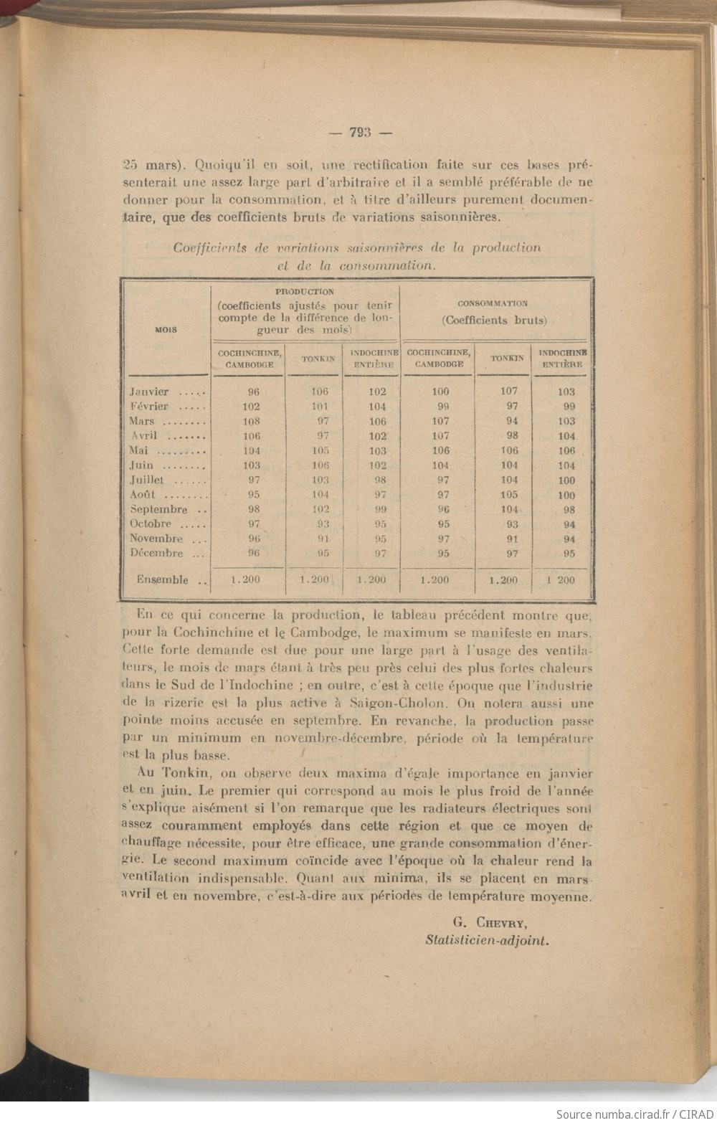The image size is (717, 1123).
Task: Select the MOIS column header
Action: click(x=166, y=330)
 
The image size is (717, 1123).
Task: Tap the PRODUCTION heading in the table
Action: click(x=305, y=292)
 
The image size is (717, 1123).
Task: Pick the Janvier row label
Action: click(x=149, y=392)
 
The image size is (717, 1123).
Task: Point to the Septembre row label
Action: click(x=158, y=510)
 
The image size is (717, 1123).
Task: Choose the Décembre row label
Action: click(x=156, y=554)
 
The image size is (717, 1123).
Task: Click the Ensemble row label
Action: click(x=163, y=579)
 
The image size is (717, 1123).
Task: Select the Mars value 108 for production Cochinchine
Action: click(x=252, y=422)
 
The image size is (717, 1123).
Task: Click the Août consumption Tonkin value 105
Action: click(x=508, y=495)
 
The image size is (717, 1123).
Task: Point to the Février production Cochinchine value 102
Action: click(x=251, y=407)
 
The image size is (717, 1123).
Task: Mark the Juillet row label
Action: click(x=147, y=480)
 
